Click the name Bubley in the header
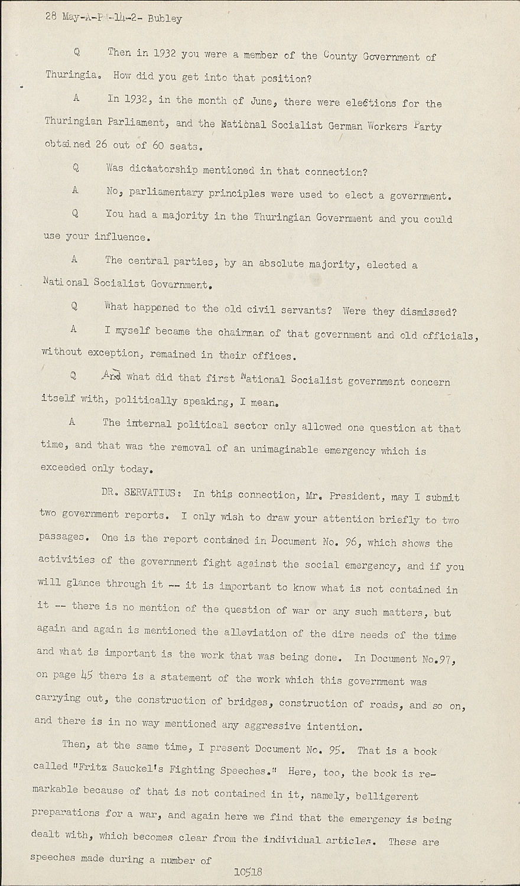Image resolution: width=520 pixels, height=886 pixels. coord(165,19)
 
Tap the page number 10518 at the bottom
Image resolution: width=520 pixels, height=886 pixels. coord(248,872)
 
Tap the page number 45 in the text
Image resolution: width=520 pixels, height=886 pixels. coord(87,676)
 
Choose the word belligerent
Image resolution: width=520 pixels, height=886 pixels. coord(387,796)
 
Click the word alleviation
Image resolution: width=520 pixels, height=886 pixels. coord(263,632)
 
